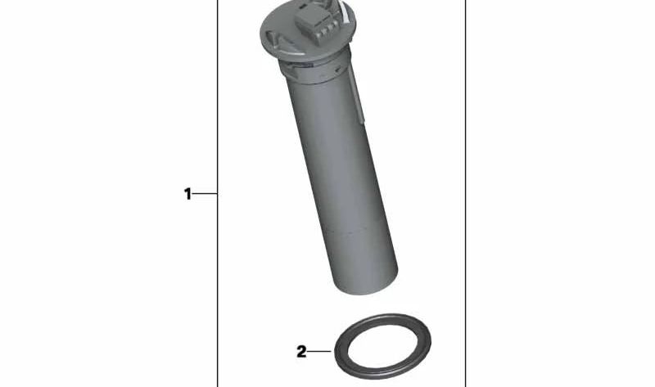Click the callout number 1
click(x=187, y=194)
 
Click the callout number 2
click(x=301, y=352)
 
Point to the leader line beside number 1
click(x=206, y=194)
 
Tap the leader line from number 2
click(x=319, y=352)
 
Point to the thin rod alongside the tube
click(x=358, y=94)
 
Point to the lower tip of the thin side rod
click(x=359, y=123)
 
